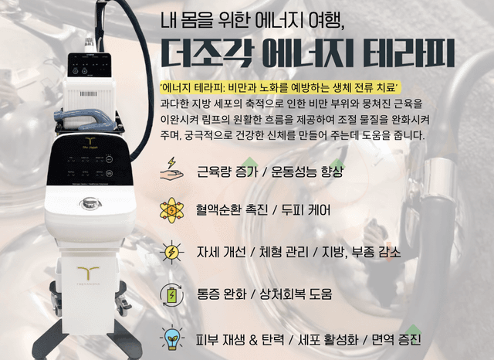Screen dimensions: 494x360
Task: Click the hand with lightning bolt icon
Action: click(x=171, y=169)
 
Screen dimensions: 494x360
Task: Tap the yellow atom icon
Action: click(x=171, y=210)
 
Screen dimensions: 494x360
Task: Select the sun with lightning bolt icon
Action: click(x=171, y=252)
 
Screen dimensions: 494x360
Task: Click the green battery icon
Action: click(x=171, y=295)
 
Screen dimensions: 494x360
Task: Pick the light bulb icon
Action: click(x=171, y=338)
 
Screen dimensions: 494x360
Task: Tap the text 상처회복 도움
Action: click(x=296, y=294)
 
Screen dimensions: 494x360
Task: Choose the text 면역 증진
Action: click(x=396, y=339)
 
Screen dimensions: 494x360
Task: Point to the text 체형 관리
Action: click(x=284, y=252)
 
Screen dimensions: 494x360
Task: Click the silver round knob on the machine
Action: click(x=90, y=203)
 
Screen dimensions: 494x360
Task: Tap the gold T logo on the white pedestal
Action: click(x=88, y=273)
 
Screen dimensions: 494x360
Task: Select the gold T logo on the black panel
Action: click(x=90, y=141)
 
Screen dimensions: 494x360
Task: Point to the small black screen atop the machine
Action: click(x=90, y=65)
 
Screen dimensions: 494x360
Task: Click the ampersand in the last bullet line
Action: click(x=254, y=339)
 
